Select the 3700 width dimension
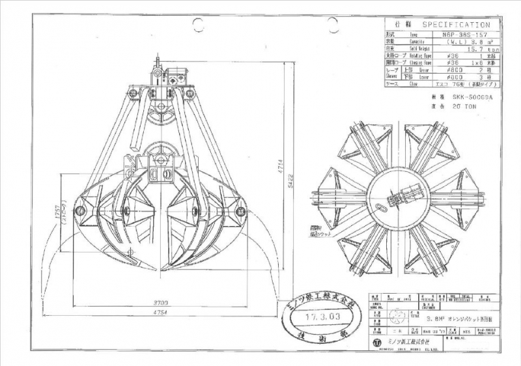157,302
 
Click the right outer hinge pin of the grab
240,210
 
